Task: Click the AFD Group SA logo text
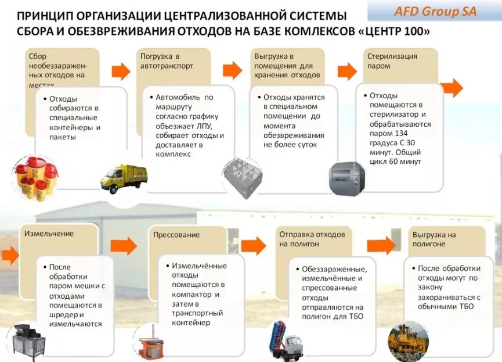click(435, 11)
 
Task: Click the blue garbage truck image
click(284, 342)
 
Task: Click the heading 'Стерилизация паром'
click(392, 61)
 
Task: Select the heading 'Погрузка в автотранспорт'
click(167, 61)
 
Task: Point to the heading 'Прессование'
click(176, 235)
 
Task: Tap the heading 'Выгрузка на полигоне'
click(434, 239)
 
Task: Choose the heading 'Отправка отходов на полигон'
click(312, 239)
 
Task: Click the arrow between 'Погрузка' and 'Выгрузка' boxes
click(232, 70)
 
